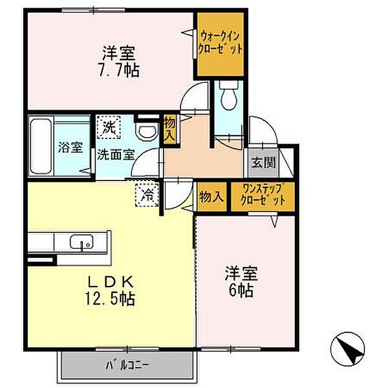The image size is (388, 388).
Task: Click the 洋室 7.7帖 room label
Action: (120, 61)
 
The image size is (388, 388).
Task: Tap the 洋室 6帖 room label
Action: (241, 281)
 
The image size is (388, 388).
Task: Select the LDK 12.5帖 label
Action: (110, 290)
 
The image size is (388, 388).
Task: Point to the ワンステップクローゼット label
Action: (263, 195)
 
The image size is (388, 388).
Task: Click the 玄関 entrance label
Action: (263, 162)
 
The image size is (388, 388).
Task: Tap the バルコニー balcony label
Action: (127, 365)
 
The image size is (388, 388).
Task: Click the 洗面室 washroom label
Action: (116, 155)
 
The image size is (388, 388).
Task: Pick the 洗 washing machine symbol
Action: (109, 127)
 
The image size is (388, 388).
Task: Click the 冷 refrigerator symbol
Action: (147, 195)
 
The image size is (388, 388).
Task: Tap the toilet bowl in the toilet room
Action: (229, 95)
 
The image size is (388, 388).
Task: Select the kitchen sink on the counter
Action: (81, 241)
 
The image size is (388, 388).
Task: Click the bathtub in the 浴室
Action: (41, 146)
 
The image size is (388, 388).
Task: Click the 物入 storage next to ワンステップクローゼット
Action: (212, 197)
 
